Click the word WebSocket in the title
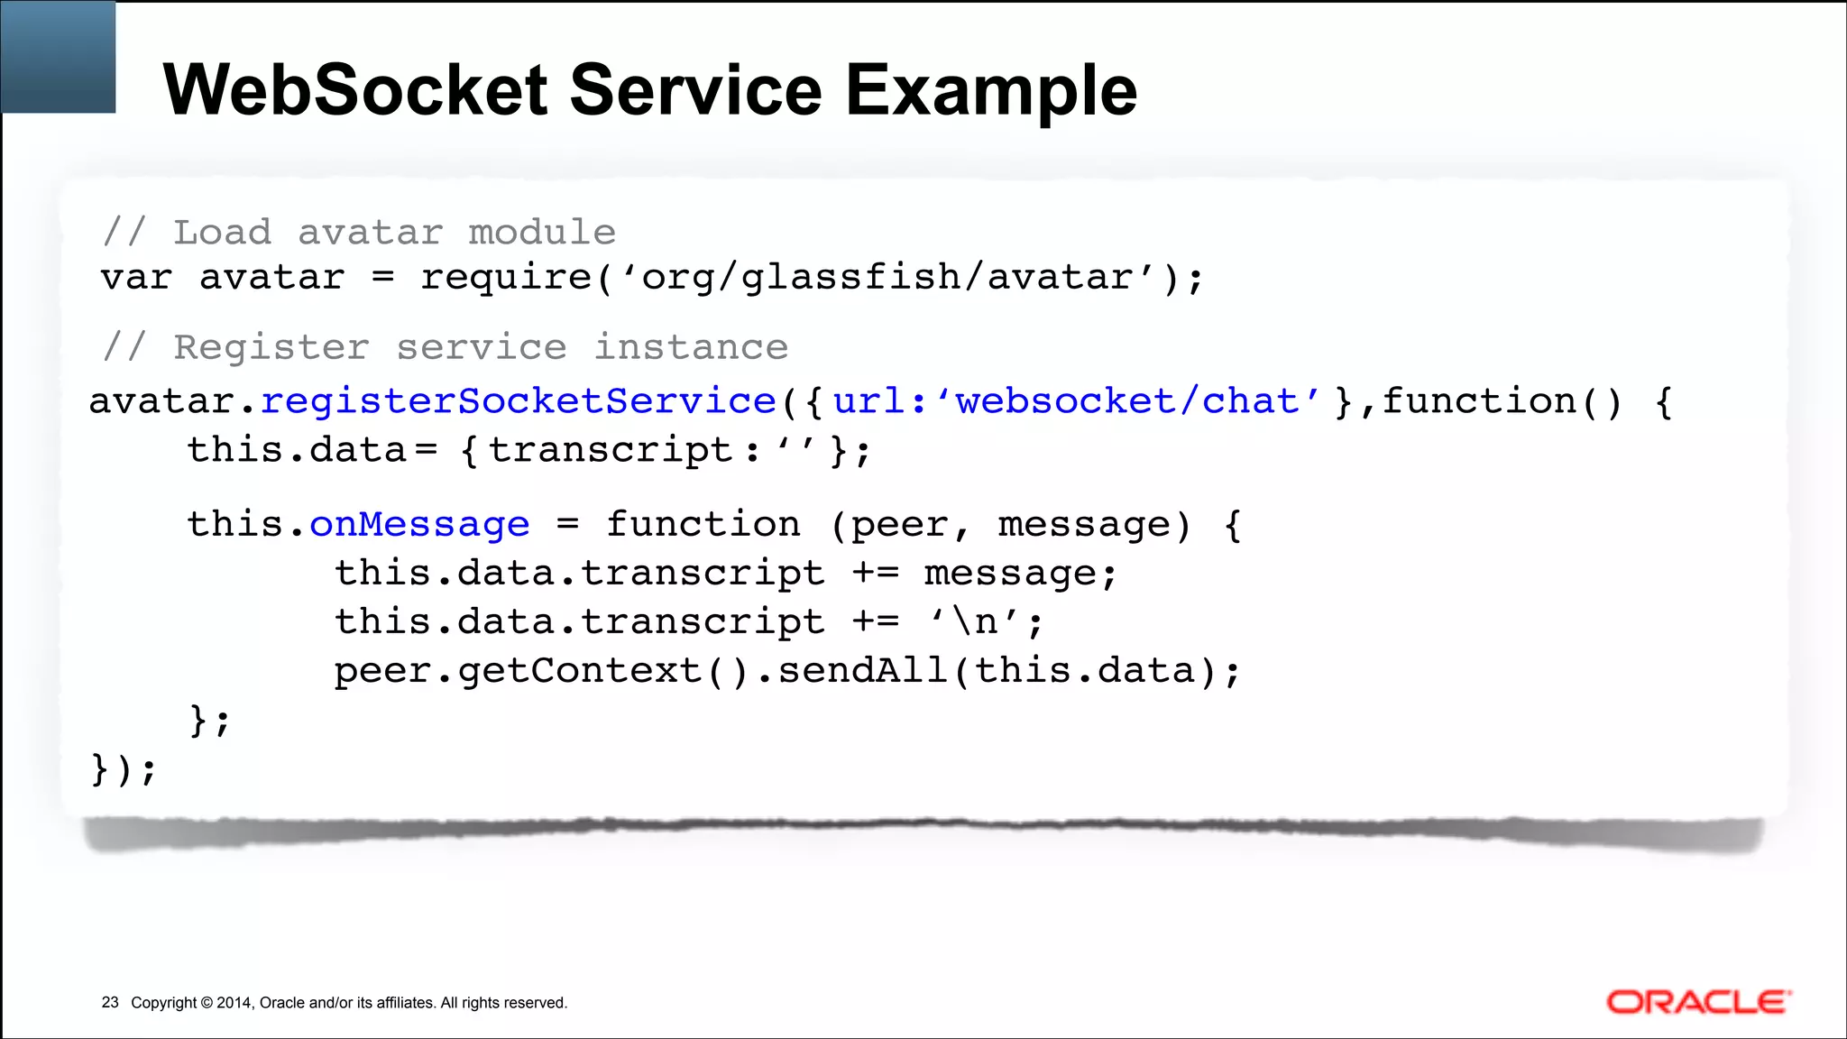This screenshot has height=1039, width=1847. (x=355, y=90)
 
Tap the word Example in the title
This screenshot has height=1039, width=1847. (x=991, y=92)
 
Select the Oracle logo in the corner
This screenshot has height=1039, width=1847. (x=1698, y=1002)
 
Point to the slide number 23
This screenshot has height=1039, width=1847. (x=110, y=1003)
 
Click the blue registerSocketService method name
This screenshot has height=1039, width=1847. (x=519, y=401)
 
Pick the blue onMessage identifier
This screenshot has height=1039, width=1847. (x=419, y=524)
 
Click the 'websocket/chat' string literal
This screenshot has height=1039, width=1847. (x=1128, y=401)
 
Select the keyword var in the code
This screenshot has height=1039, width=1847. (x=136, y=277)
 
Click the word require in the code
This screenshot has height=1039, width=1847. (x=506, y=277)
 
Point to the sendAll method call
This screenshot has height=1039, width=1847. (x=862, y=670)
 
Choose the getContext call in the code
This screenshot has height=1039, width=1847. (x=579, y=671)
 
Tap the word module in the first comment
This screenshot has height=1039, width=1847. (x=542, y=233)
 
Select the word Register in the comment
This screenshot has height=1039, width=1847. (x=271, y=347)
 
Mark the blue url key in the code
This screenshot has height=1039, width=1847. (x=868, y=401)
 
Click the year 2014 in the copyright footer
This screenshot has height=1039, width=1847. (x=234, y=1003)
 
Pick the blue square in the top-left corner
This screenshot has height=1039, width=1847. (x=59, y=57)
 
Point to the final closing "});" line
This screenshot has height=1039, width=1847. (x=124, y=769)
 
